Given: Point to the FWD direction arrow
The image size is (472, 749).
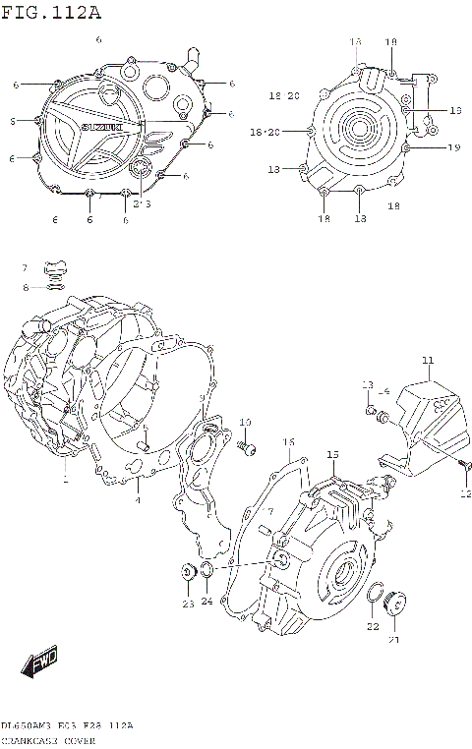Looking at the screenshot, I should tap(41, 663).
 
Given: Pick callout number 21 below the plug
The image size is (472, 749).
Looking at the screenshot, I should tap(393, 640).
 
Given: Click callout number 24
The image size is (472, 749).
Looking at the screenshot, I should tap(207, 601).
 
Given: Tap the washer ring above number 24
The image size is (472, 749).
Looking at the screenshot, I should tap(208, 573).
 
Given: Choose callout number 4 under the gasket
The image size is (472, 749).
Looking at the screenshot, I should tap(138, 500).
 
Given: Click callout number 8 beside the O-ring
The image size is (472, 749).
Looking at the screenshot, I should tap(27, 287).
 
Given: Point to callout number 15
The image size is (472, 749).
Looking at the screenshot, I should tap(332, 454).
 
